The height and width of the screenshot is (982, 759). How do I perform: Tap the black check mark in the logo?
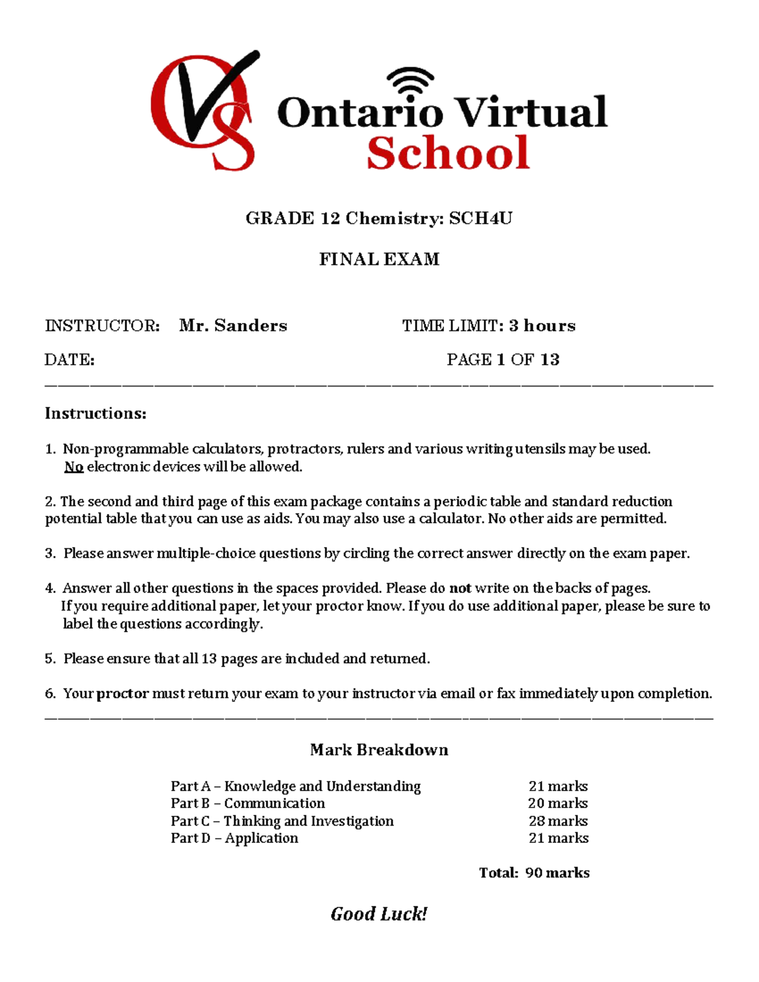tap(209, 95)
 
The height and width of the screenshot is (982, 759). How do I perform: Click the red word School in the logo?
tap(448, 154)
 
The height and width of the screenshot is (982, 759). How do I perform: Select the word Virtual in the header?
tap(531, 113)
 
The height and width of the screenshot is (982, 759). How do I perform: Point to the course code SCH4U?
tap(481, 219)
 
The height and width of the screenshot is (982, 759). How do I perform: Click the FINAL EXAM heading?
tap(379, 259)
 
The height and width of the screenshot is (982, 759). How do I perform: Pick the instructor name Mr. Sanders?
tap(233, 326)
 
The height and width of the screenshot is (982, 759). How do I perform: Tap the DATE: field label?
tap(70, 360)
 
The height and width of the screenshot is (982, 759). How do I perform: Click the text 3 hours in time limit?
tap(542, 326)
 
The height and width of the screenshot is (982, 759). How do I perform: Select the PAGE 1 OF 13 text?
tap(503, 360)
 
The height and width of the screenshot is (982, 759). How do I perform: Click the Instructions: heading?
tap(96, 414)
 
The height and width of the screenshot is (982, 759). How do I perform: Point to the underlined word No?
tap(74, 467)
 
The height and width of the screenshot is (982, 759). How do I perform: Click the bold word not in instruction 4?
tap(460, 588)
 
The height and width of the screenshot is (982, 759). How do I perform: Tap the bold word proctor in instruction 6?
tap(123, 694)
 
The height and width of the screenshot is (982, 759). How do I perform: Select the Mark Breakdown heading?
tap(379, 750)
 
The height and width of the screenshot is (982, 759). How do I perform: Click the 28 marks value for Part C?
tap(558, 821)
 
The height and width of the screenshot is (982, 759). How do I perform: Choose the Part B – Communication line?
tap(247, 804)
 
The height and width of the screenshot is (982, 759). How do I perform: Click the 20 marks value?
tap(558, 804)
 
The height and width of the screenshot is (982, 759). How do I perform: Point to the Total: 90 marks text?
tap(534, 873)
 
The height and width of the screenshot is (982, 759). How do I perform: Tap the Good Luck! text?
tap(379, 914)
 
